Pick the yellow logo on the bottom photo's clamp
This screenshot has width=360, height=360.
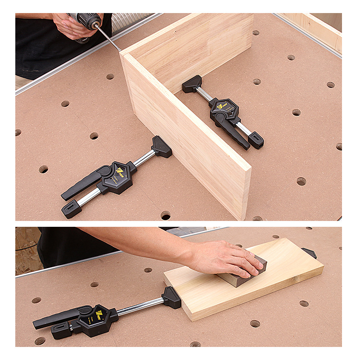coord(99,312)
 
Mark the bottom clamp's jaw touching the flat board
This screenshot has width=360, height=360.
coord(171,297)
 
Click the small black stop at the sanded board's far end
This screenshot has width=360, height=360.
coord(309,252)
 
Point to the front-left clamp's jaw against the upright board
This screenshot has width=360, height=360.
coord(162,147)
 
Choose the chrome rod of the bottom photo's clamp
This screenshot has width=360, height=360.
coord(139,307)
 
